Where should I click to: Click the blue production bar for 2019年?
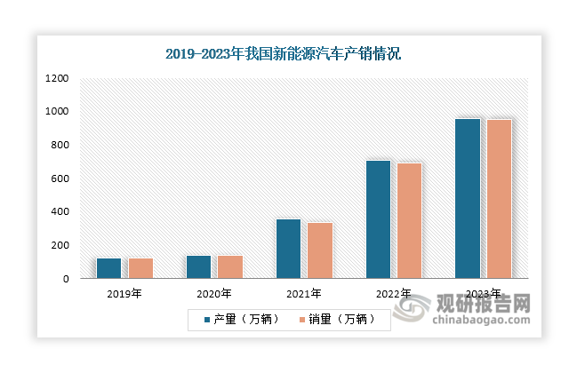tap(109, 268)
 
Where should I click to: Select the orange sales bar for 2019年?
tap(141, 268)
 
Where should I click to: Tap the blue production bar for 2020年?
tap(199, 266)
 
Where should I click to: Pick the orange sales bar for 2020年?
tap(230, 266)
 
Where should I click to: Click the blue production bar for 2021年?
tap(288, 249)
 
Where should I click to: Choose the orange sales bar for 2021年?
tap(320, 250)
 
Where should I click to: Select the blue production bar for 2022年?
tap(378, 219)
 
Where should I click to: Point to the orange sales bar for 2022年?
tap(409, 220)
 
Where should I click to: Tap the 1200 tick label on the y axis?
tap(57, 78)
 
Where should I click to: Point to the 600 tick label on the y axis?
tap(60, 179)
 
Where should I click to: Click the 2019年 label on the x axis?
tap(124, 293)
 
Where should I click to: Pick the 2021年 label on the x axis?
tap(303, 293)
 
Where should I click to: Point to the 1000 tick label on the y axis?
tap(57, 112)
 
